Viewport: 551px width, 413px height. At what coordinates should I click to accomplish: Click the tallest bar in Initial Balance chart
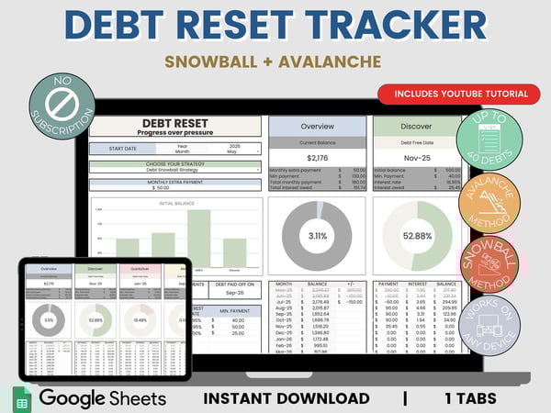(201, 238)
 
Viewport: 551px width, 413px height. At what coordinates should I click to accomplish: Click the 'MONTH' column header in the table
(286, 285)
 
